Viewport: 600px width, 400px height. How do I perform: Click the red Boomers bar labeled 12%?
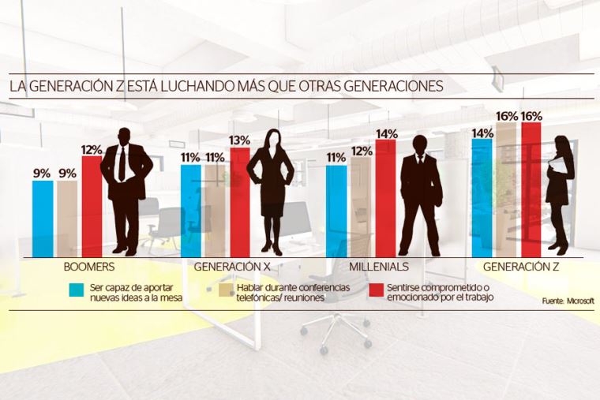(x=92, y=205)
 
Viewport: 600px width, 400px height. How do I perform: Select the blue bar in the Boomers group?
(x=43, y=218)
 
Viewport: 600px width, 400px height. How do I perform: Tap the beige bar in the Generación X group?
(x=215, y=210)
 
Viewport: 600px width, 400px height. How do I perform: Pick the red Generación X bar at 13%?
(x=239, y=201)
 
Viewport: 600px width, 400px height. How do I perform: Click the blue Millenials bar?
(x=336, y=210)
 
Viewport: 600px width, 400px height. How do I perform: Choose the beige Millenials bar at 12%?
(x=361, y=206)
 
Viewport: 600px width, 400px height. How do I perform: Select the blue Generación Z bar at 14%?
(x=482, y=197)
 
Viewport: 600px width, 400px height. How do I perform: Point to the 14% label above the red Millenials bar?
(x=386, y=133)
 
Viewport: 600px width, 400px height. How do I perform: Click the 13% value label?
(x=239, y=140)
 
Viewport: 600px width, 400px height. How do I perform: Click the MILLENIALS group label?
(x=379, y=267)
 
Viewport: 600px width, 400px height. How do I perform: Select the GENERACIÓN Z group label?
(x=520, y=267)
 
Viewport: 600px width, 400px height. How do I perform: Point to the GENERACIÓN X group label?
(x=230, y=267)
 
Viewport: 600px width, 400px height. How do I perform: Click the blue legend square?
(x=76, y=290)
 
